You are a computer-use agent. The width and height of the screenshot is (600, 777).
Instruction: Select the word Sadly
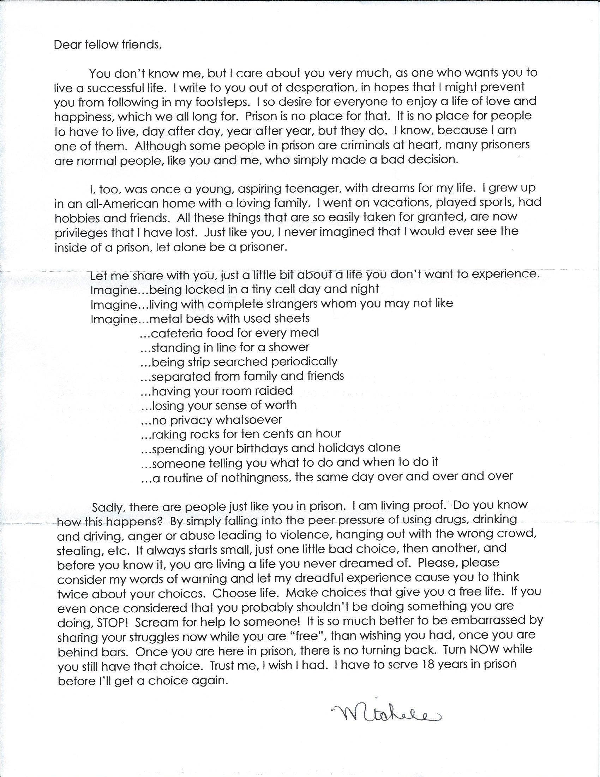click(107, 506)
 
